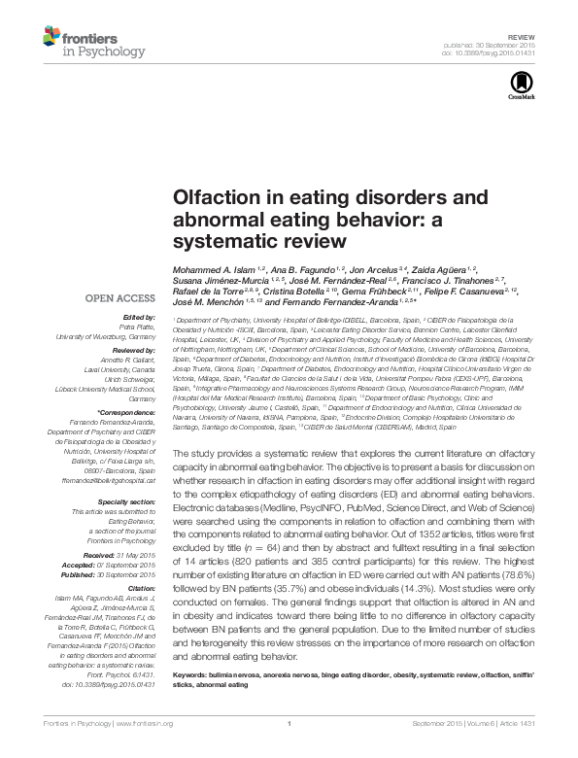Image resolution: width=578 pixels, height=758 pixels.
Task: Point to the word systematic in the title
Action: tap(214, 239)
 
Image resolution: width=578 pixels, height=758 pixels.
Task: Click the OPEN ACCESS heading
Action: tap(121, 300)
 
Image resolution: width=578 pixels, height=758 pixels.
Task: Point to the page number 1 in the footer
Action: tap(289, 751)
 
